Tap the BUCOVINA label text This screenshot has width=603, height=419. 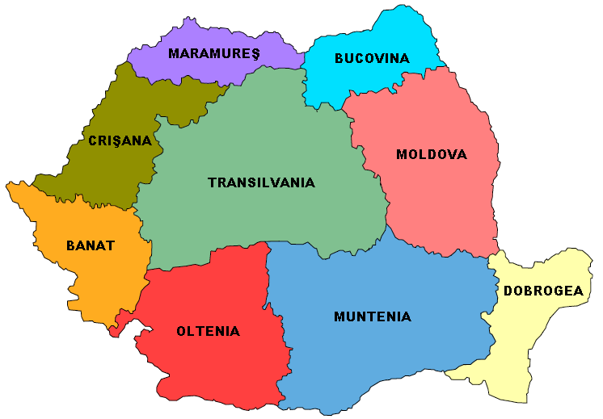click(x=372, y=58)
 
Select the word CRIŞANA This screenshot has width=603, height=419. click(x=120, y=140)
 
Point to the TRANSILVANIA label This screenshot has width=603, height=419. click(x=261, y=182)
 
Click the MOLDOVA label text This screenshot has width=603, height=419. click(x=431, y=154)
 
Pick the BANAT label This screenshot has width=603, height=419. click(x=91, y=245)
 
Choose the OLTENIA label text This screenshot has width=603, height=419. click(x=208, y=331)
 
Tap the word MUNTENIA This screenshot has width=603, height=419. click(x=372, y=316)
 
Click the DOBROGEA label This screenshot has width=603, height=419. click(x=542, y=291)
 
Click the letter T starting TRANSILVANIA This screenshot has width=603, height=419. click(x=212, y=182)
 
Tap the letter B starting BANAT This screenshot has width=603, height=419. click(x=70, y=245)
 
